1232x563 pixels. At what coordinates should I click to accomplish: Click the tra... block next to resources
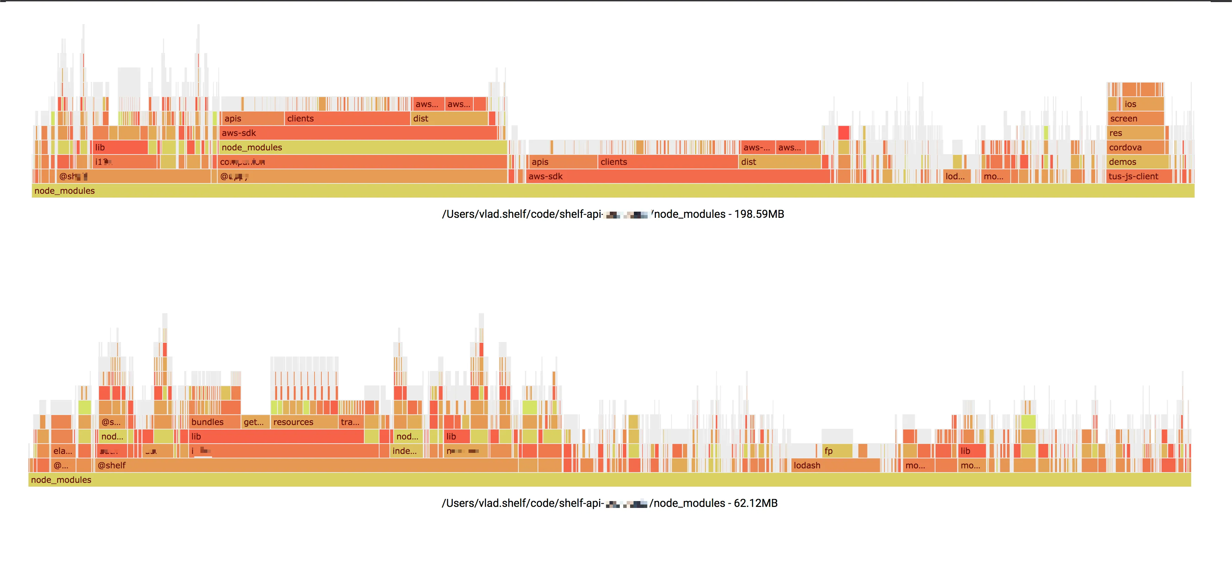coord(351,422)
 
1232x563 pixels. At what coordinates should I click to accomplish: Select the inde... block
coord(406,451)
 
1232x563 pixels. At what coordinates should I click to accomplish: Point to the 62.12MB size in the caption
coord(756,503)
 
